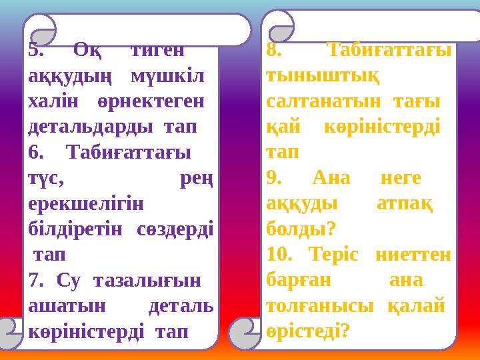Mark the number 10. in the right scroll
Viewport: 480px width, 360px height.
pos(279,254)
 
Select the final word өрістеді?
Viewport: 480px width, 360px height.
pos(307,330)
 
